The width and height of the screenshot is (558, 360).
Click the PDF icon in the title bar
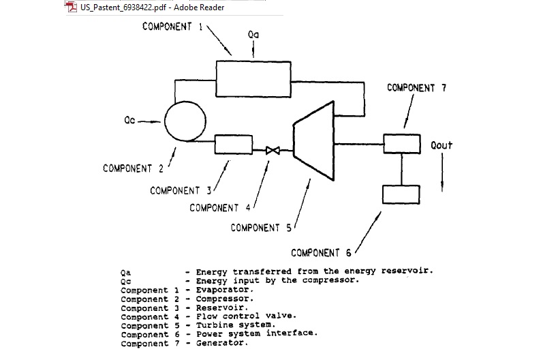pos(72,7)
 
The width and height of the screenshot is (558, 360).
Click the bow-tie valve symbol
pos(273,150)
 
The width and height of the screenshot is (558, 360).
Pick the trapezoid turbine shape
pos(313,140)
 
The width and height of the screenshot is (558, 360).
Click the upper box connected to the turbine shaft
pos(402,144)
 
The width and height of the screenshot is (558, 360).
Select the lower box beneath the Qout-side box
pos(402,194)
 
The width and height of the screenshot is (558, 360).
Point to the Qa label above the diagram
pos(253,33)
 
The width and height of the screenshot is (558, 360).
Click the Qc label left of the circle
pos(129,121)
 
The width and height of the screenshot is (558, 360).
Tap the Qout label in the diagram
pos(441,145)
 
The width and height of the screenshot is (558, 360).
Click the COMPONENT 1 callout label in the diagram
pos(172,27)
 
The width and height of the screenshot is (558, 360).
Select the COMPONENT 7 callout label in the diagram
pos(416,88)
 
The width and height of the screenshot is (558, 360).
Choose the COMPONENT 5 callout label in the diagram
pos(261,228)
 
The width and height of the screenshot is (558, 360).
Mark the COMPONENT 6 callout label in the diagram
pos(321,253)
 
